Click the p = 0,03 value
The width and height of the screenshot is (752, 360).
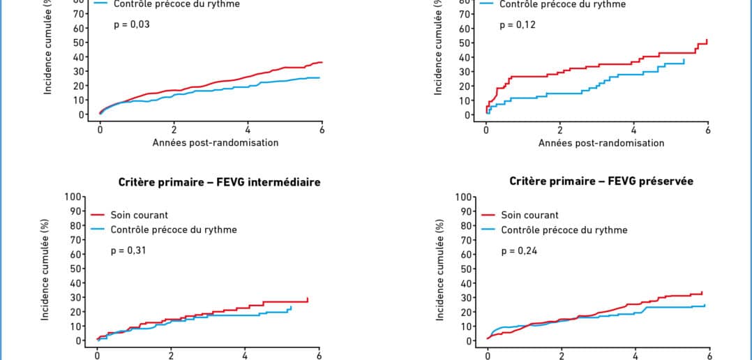(x=132, y=24)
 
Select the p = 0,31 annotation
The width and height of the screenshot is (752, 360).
(x=129, y=250)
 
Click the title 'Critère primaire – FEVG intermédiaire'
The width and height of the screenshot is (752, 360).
(x=219, y=183)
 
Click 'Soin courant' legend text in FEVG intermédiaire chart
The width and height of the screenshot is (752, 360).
(x=139, y=215)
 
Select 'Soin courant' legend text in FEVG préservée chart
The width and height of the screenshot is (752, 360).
(x=529, y=215)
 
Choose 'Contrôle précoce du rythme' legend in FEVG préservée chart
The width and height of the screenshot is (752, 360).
(x=564, y=230)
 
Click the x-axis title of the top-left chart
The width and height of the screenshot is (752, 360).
(x=216, y=143)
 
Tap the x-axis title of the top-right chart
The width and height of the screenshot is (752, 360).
(x=601, y=143)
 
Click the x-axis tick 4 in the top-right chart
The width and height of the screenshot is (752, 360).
(x=634, y=129)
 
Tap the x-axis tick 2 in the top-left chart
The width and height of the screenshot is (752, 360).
(x=174, y=129)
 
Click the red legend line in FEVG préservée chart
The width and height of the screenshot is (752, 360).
(x=488, y=215)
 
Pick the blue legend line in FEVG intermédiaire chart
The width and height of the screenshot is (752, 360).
(x=98, y=230)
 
